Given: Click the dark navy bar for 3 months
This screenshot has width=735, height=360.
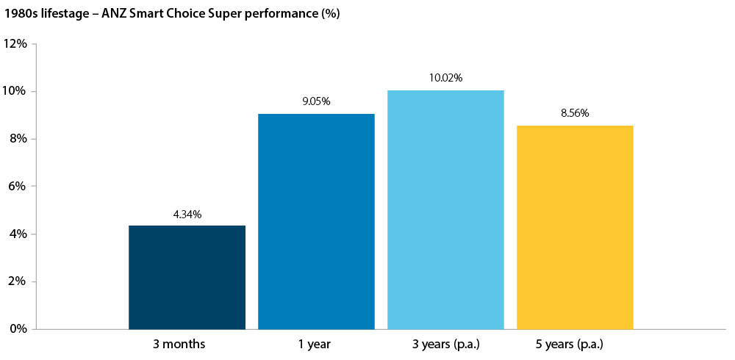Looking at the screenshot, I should pyautogui.click(x=187, y=277).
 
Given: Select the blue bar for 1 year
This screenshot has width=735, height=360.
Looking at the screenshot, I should pyautogui.click(x=316, y=221).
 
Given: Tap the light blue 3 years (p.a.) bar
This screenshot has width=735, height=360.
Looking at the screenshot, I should pyautogui.click(x=445, y=209).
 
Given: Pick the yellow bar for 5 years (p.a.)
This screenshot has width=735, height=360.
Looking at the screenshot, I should pyautogui.click(x=575, y=227).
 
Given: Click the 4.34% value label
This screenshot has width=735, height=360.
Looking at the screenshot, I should pyautogui.click(x=187, y=215).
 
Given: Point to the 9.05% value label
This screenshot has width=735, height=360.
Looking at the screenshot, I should pyautogui.click(x=316, y=101).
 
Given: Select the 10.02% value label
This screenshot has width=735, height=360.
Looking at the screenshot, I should pyautogui.click(x=445, y=78).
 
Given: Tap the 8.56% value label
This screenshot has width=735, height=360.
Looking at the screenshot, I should pyautogui.click(x=575, y=113).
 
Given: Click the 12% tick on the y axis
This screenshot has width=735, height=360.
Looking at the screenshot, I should pyautogui.click(x=15, y=44).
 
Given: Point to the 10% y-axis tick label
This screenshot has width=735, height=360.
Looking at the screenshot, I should pyautogui.click(x=15, y=91).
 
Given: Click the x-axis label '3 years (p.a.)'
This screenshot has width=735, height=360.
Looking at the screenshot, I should pyautogui.click(x=445, y=344).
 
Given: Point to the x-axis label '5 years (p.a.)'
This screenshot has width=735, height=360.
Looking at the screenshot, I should pyautogui.click(x=575, y=344).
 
